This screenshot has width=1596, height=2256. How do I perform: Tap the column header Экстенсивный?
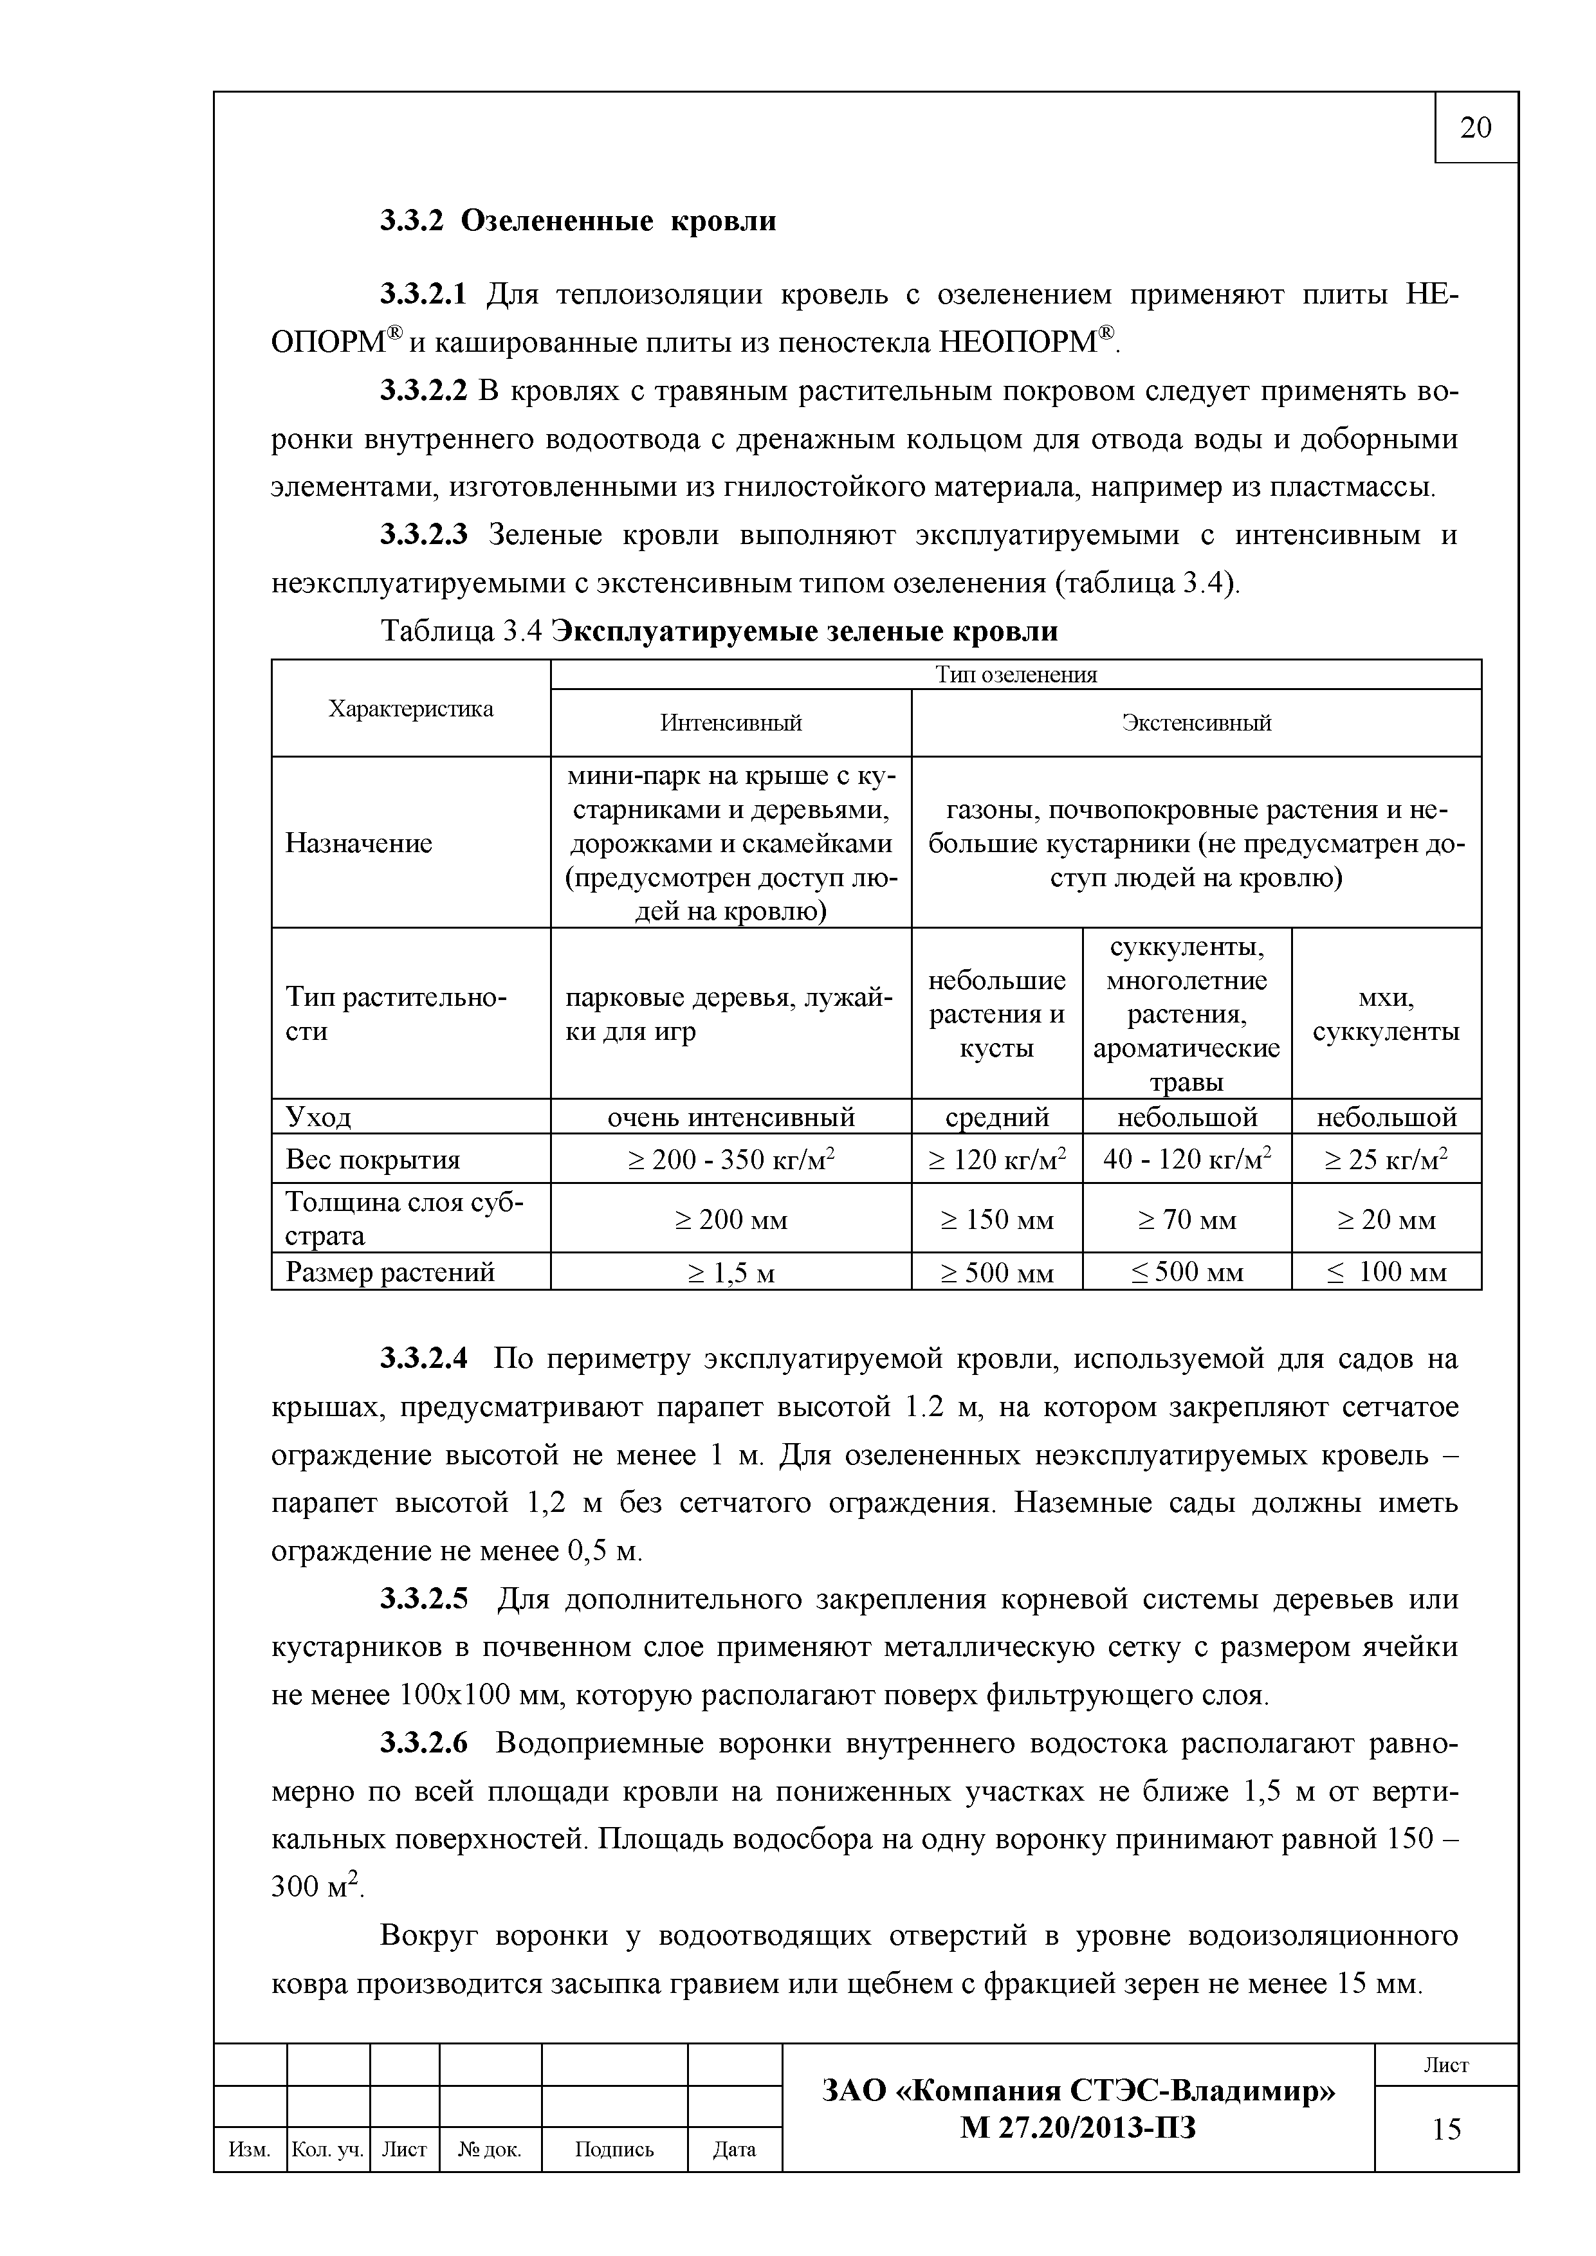(x=1196, y=723)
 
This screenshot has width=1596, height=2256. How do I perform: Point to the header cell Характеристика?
(x=411, y=709)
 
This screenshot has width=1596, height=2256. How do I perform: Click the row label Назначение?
(x=359, y=843)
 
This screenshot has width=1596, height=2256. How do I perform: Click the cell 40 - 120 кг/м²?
(x=1186, y=1160)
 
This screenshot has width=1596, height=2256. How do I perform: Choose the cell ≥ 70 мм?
(x=1186, y=1219)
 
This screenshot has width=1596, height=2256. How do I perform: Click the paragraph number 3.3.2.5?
(x=425, y=1599)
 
